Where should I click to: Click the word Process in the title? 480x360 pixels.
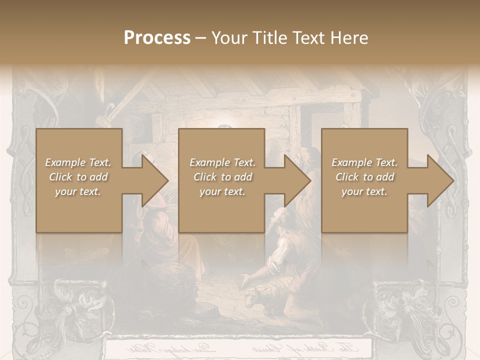(x=157, y=38)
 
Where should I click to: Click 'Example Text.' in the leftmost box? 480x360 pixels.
(x=78, y=162)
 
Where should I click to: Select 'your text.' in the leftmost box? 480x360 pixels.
(x=78, y=191)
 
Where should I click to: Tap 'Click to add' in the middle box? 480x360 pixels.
(x=222, y=177)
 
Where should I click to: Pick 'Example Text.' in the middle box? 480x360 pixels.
(x=222, y=162)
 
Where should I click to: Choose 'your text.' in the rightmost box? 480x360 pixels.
(x=364, y=191)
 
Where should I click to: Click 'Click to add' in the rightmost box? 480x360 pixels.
(x=364, y=177)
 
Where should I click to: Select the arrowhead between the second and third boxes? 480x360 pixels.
(x=297, y=180)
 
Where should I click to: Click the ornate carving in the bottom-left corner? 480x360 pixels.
(x=75, y=310)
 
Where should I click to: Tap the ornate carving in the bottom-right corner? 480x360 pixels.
(x=405, y=310)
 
